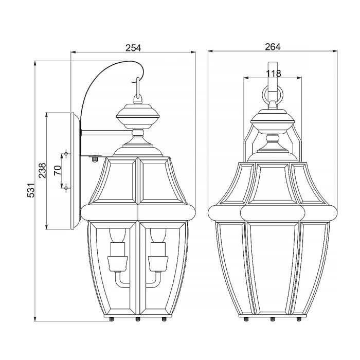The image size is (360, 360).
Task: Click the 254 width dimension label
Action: click(x=133, y=47)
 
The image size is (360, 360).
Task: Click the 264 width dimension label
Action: click(x=272, y=47)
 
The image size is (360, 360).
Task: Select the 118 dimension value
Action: click(x=274, y=74)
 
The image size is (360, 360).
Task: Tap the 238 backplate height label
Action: click(x=43, y=170)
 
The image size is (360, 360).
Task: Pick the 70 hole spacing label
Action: click(x=58, y=171)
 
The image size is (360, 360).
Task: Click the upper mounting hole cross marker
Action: click(x=66, y=154)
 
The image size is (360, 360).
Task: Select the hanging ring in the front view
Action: click(x=272, y=96)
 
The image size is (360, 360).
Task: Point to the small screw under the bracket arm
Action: click(x=94, y=158)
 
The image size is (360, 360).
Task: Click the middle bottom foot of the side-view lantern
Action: click(x=137, y=319)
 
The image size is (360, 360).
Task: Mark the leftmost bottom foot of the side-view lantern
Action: click(x=112, y=319)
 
